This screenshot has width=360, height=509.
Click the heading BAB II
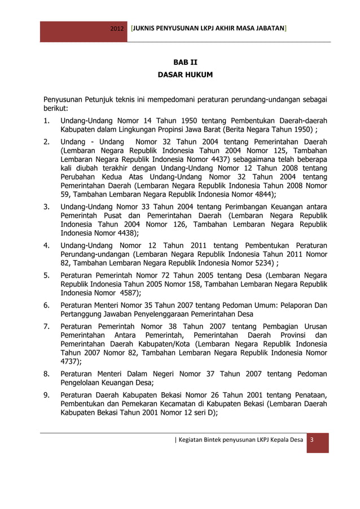(185, 62)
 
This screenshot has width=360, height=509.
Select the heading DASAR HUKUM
(185, 74)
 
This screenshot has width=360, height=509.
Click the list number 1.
(47, 121)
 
